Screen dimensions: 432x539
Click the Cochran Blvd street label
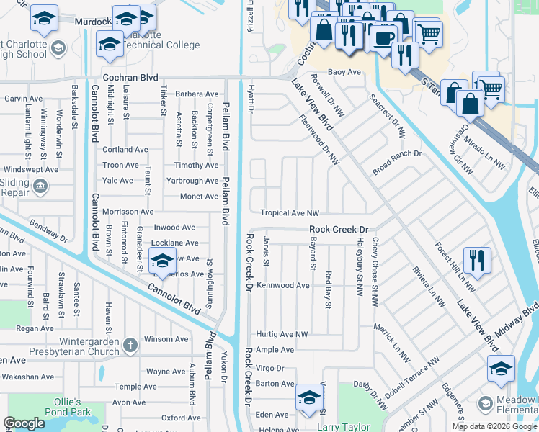131,76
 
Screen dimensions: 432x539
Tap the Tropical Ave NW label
290,213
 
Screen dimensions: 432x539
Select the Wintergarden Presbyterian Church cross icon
130,343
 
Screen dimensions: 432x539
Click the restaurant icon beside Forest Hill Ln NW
477,260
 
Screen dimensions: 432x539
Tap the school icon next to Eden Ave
309,399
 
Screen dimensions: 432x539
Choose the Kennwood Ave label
283,286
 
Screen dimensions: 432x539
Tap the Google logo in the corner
24,423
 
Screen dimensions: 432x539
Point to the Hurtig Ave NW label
282,335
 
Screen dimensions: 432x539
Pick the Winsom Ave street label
166,339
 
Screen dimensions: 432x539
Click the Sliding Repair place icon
40,187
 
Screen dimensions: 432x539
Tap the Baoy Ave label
344,73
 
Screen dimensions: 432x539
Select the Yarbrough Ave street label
192,181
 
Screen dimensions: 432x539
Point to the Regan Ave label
35,328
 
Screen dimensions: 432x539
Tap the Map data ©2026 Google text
494,426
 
